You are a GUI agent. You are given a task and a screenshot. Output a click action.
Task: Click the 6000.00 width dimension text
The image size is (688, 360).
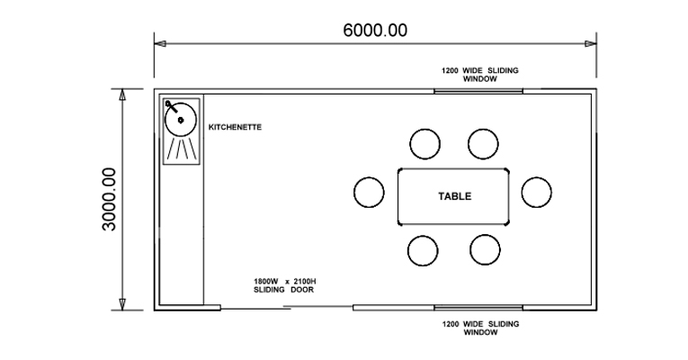pyautogui.click(x=374, y=30)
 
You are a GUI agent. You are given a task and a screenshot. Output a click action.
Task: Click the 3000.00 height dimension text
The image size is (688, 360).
pyautogui.click(x=109, y=199)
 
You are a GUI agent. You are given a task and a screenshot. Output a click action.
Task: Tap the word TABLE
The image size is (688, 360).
pyautogui.click(x=454, y=196)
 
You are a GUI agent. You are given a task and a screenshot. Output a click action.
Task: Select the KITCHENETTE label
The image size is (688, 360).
pyautogui.click(x=235, y=128)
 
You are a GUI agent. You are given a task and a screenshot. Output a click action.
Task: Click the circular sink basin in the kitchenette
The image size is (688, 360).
pyautogui.click(x=182, y=119)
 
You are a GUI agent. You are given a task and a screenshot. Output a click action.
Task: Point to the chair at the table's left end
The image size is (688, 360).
pyautogui.click(x=369, y=192)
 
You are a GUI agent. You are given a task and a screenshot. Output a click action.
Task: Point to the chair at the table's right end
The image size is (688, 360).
pyautogui.click(x=536, y=192)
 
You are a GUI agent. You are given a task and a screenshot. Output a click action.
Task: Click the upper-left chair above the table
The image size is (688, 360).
pyautogui.click(x=424, y=142)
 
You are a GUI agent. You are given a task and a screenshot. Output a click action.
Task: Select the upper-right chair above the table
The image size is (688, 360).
pyautogui.click(x=483, y=142)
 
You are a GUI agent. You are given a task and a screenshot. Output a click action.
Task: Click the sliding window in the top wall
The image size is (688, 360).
pyautogui.click(x=478, y=90)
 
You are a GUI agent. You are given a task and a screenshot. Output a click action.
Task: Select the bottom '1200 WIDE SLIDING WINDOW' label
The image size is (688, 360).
pyautogui.click(x=480, y=328)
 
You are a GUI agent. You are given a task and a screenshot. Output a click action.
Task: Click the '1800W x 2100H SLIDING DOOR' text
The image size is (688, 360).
pyautogui.click(x=284, y=286)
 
